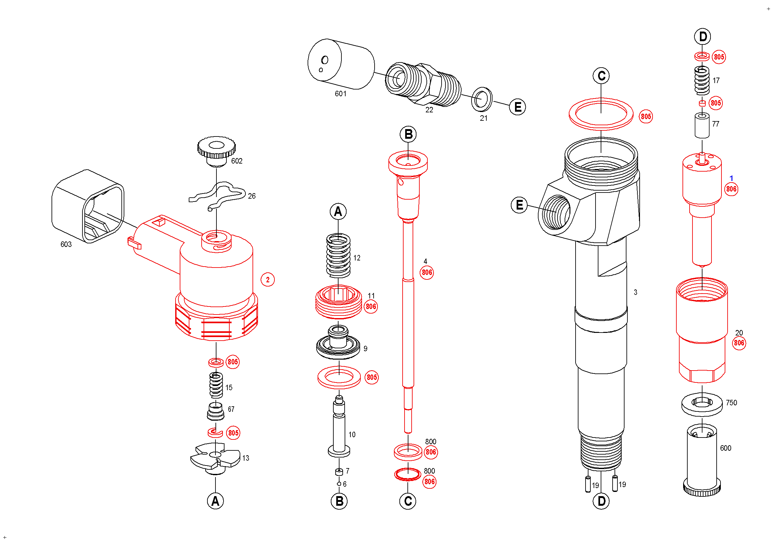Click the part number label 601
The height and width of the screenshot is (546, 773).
coord(340,94)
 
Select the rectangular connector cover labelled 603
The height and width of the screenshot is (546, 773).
coord(88,206)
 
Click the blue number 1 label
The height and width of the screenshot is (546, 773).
coord(731,178)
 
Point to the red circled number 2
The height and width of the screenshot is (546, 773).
coord(268,279)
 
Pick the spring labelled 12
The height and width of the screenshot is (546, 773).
coord(339,256)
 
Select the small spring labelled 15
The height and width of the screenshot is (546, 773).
coord(216,385)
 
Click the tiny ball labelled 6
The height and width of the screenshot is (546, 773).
coord(339,484)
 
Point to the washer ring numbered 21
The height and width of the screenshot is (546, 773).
coord(482,99)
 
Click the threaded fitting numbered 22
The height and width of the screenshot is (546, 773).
coord(423,84)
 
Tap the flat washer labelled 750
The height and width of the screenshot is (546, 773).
coord(702,403)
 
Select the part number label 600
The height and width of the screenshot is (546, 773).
coord(726,448)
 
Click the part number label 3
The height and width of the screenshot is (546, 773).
coord(635,292)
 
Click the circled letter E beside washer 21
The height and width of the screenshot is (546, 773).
coord(518,107)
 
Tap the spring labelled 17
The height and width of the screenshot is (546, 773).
coord(702,81)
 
